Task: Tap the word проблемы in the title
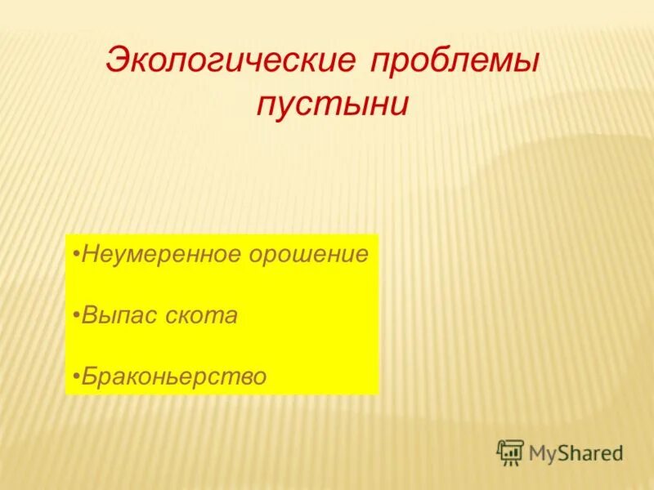455,64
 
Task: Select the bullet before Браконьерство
75,376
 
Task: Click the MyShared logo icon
510,452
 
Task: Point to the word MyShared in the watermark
576,452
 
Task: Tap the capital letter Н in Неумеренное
89,254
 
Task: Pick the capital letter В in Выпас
89,316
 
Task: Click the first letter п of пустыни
267,108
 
